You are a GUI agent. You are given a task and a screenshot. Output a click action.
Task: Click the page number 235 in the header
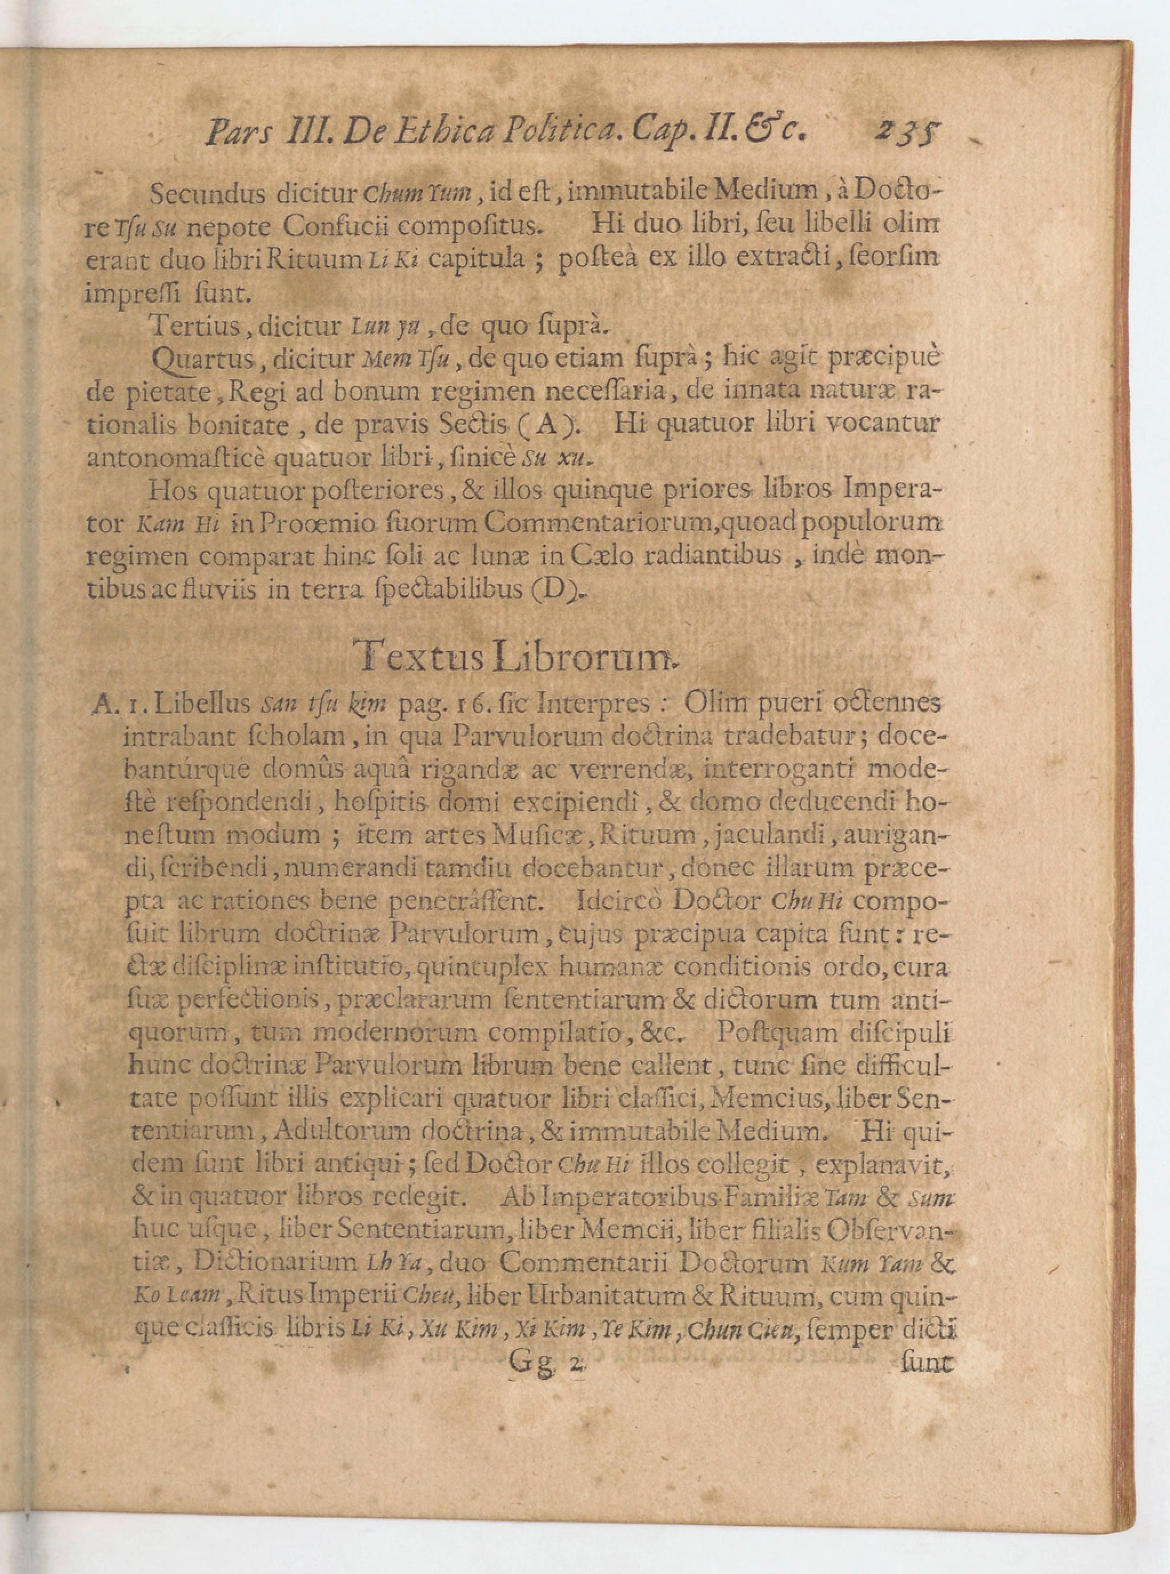(x=907, y=132)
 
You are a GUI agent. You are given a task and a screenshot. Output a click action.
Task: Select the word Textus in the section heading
(x=419, y=656)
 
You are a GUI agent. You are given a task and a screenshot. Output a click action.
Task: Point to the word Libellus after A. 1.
(x=202, y=704)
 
